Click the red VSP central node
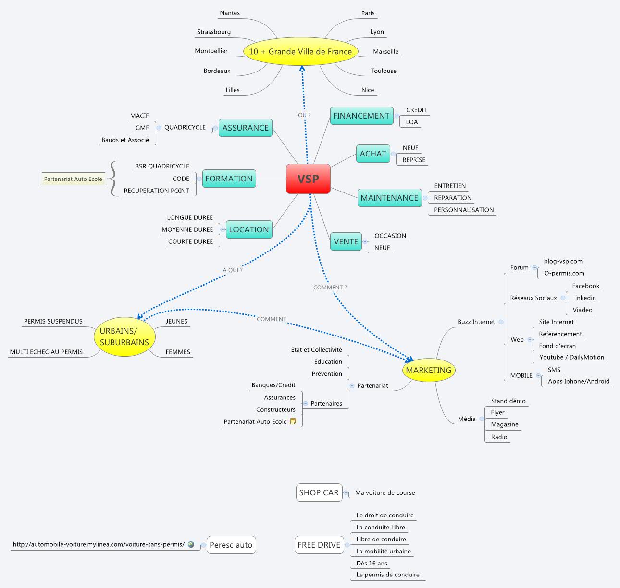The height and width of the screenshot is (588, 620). click(308, 179)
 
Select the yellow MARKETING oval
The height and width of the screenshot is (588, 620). click(428, 370)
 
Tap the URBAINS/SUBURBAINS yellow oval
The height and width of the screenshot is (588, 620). click(124, 336)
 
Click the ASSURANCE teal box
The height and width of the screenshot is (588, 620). click(245, 128)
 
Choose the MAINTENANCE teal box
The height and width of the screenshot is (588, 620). click(389, 198)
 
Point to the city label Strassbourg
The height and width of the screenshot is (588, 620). click(214, 32)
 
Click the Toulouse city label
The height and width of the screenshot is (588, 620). click(383, 71)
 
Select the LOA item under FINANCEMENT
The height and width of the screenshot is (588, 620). click(412, 122)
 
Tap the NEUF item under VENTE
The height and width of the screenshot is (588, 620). click(382, 248)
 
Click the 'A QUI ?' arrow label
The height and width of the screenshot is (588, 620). click(233, 270)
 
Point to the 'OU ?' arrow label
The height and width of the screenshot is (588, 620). click(304, 115)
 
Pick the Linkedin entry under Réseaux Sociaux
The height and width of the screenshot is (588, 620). click(583, 298)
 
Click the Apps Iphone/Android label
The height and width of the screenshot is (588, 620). click(579, 381)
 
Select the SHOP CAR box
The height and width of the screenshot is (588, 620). click(319, 492)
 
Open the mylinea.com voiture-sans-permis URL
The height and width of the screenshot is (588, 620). click(99, 544)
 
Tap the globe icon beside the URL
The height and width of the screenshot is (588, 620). click(191, 544)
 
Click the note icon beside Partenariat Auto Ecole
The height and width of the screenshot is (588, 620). click(293, 421)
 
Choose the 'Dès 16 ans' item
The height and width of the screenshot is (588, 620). click(372, 563)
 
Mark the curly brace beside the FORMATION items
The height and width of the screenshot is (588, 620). click(113, 179)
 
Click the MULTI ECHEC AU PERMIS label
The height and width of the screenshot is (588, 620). click(46, 352)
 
